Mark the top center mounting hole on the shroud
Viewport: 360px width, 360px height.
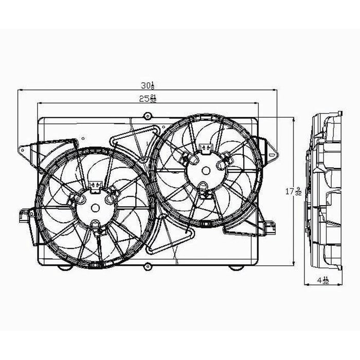(148, 115)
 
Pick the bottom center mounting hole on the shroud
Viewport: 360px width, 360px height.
(148, 266)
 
